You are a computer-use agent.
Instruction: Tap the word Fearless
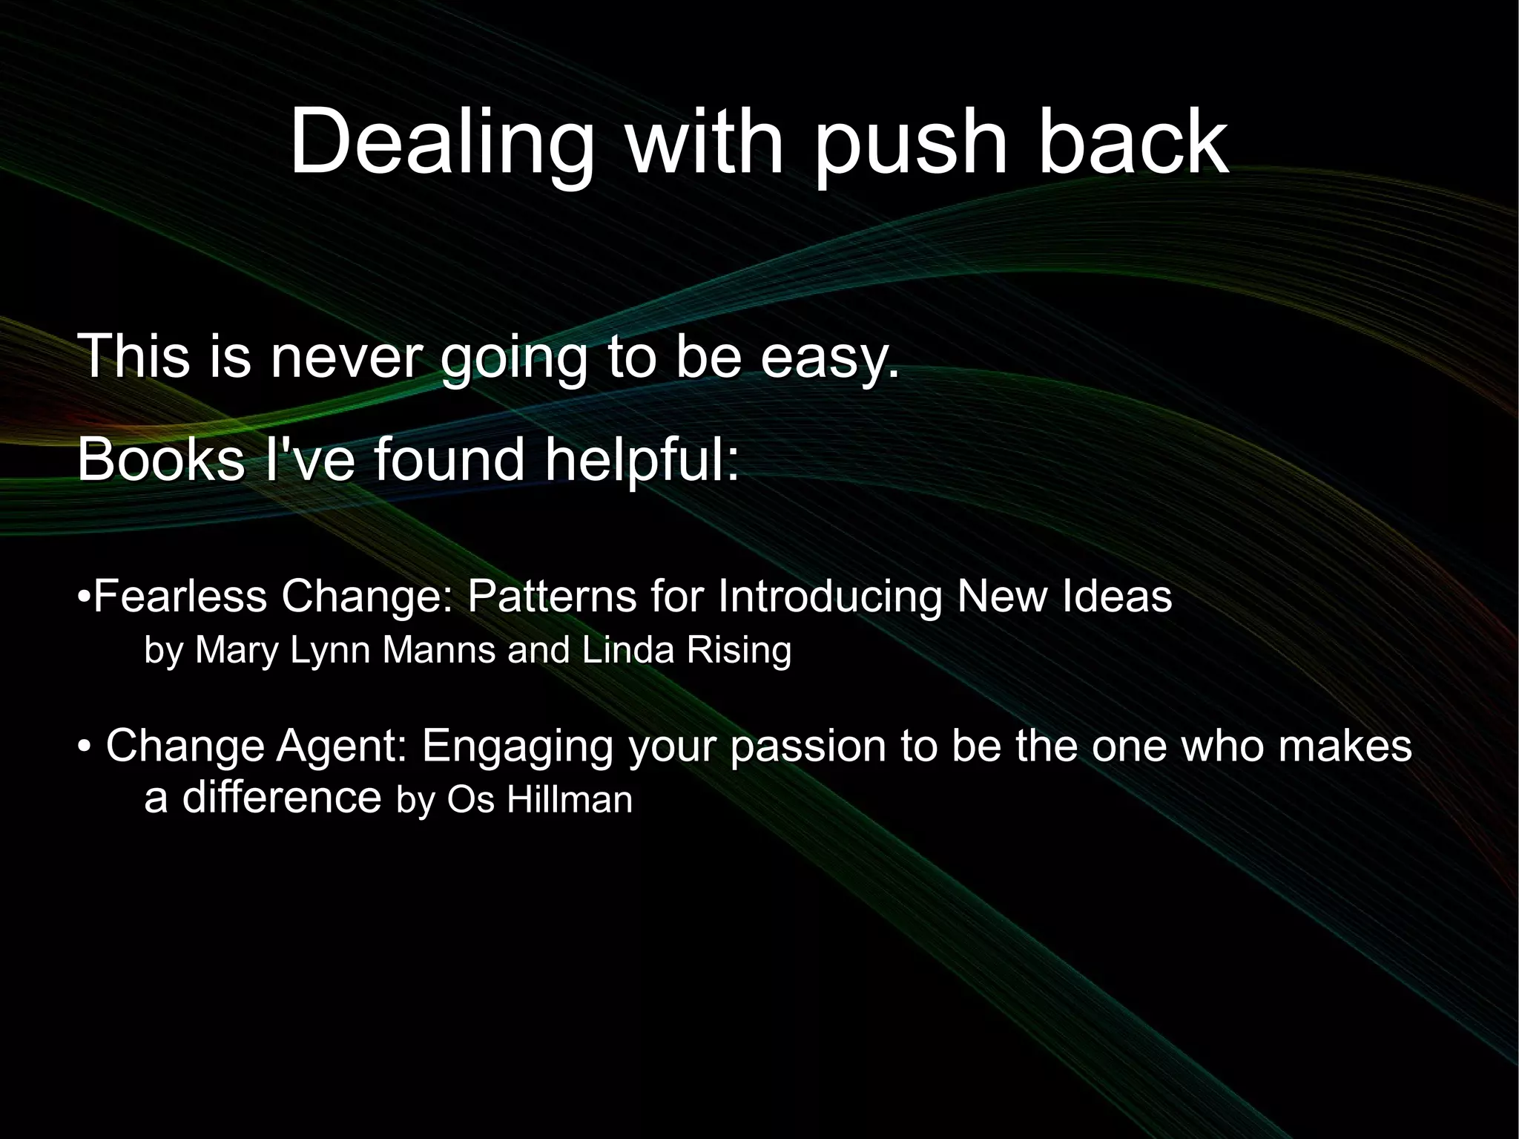[x=181, y=596]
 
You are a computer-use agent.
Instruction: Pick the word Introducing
[x=830, y=596]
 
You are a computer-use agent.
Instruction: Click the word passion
[x=808, y=746]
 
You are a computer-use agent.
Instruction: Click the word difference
[x=282, y=797]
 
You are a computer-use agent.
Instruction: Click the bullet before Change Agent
[x=84, y=747]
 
